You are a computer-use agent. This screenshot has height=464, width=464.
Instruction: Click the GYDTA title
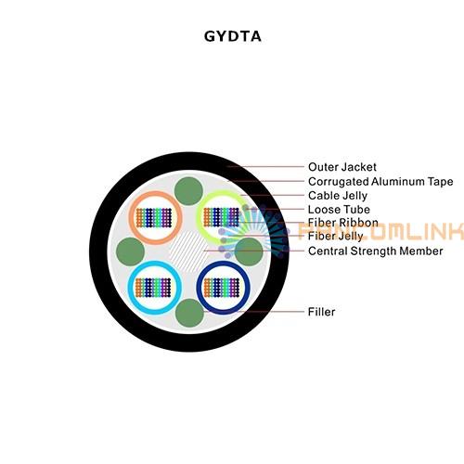[233, 36]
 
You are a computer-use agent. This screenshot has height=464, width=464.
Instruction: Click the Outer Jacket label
[342, 167]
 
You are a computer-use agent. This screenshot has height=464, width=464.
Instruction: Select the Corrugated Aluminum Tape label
[380, 182]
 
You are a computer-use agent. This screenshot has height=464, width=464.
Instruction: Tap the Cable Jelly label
[338, 196]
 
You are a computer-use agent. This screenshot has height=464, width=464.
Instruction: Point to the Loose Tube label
[339, 210]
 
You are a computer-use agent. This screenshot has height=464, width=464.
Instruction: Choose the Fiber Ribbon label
[343, 223]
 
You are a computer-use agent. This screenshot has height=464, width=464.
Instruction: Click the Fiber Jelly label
[336, 236]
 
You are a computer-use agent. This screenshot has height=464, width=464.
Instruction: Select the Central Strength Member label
[376, 251]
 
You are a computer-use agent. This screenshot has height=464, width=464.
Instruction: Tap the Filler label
[321, 312]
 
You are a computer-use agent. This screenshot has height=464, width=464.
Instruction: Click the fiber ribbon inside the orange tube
[154, 218]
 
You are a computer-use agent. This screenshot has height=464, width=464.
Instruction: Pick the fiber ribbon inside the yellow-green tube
[222, 217]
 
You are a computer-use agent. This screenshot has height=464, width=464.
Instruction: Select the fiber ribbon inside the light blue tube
[153, 288]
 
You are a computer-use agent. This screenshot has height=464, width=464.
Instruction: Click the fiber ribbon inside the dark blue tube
[222, 288]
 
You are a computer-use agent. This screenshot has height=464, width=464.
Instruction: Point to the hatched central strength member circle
[187, 251]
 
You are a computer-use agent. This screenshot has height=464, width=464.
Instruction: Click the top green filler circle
[188, 191]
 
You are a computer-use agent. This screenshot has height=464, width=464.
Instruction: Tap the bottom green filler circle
[189, 313]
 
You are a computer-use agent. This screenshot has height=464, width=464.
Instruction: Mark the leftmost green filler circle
[130, 251]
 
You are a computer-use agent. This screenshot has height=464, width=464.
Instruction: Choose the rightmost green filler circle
[249, 251]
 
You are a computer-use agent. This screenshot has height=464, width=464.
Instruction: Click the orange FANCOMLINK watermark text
[380, 231]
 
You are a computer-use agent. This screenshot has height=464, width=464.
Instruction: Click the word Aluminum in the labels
[397, 182]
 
